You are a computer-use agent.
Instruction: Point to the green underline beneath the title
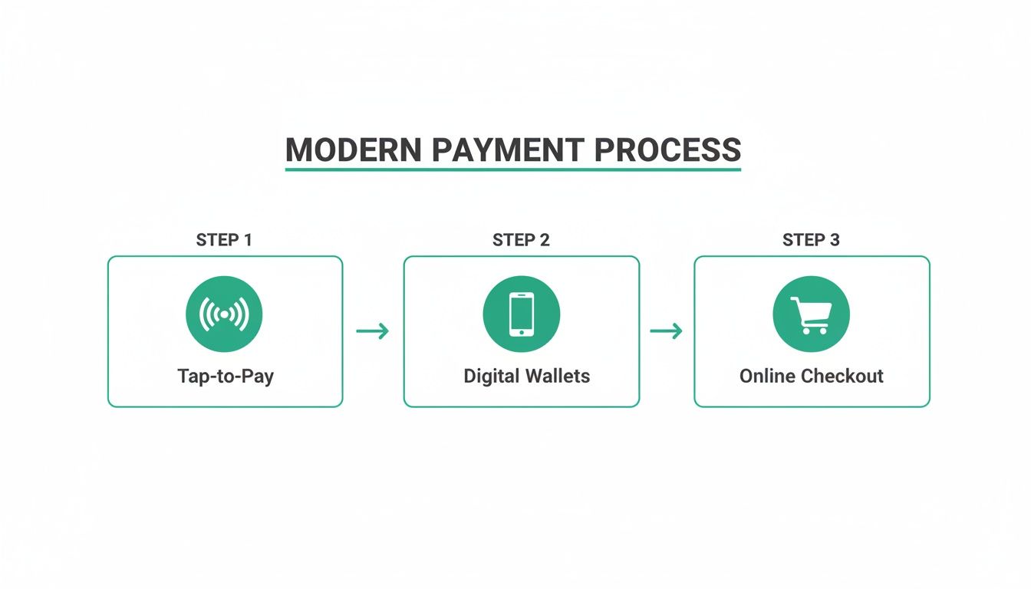pyautogui.click(x=512, y=168)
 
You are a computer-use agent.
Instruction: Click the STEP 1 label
pyautogui.click(x=224, y=240)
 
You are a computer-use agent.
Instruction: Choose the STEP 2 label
pyautogui.click(x=521, y=240)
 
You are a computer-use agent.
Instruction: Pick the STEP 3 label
pyautogui.click(x=811, y=240)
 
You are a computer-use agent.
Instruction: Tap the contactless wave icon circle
pyautogui.click(x=224, y=314)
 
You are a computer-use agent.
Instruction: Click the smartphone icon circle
pyautogui.click(x=521, y=314)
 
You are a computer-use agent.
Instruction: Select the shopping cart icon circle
pyautogui.click(x=811, y=314)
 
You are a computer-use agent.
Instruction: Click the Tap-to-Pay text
pyautogui.click(x=225, y=377)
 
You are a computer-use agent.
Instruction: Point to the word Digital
pyautogui.click(x=492, y=377)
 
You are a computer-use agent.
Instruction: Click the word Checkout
pyautogui.click(x=843, y=377)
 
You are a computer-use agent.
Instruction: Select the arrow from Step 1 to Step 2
pyautogui.click(x=373, y=331)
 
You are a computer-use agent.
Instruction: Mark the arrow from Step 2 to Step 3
pyautogui.click(x=666, y=331)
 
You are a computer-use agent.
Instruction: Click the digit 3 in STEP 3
pyautogui.click(x=835, y=240)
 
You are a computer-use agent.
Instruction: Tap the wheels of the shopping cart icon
pyautogui.click(x=813, y=331)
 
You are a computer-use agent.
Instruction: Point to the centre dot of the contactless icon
pyautogui.click(x=224, y=314)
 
